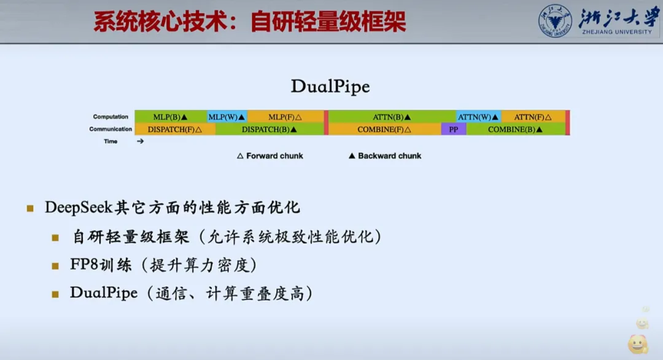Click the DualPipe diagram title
click(x=330, y=86)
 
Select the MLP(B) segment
click(x=171, y=116)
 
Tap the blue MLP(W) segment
click(x=227, y=116)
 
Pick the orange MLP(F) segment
click(x=285, y=116)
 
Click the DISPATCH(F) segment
click(x=175, y=129)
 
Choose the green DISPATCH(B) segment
click(x=269, y=129)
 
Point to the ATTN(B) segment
click(x=392, y=116)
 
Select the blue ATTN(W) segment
click(x=478, y=116)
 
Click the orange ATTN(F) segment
click(x=533, y=116)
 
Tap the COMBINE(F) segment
click(x=384, y=129)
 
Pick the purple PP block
click(x=454, y=129)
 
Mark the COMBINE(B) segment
click(x=516, y=129)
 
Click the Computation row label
click(x=110, y=116)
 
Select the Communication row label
click(x=110, y=129)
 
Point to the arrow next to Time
click(x=141, y=141)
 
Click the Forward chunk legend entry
click(x=269, y=155)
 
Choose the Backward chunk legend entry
click(x=385, y=155)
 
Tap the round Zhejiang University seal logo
click(x=555, y=21)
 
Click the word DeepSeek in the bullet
click(x=79, y=207)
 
